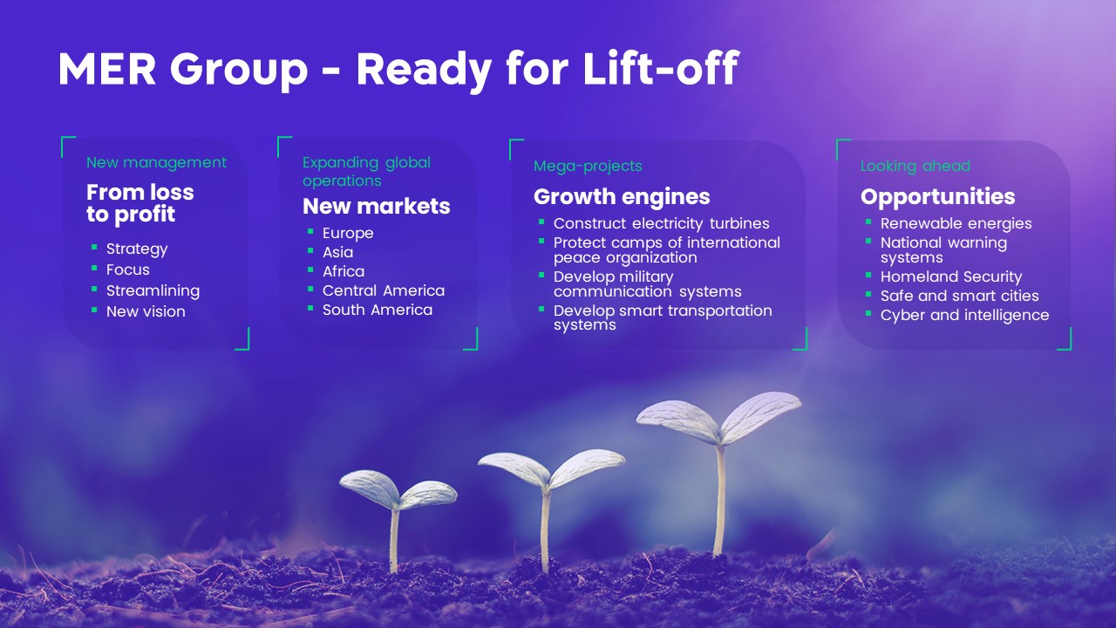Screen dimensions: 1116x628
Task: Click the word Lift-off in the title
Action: [661, 69]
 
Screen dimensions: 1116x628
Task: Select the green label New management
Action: [156, 162]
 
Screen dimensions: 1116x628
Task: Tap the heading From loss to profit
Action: [140, 203]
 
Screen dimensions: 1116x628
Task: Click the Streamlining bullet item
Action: [153, 290]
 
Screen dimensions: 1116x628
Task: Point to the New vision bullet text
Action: [146, 311]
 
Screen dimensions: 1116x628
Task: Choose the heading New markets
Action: [376, 206]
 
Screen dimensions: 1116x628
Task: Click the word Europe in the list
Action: [348, 233]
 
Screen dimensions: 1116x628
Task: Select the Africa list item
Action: [344, 271]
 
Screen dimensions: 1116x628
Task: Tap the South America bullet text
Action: [378, 310]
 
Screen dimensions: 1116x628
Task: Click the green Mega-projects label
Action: [588, 166]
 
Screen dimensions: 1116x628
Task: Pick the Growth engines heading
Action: [622, 196]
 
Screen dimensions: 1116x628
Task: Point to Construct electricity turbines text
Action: [661, 223]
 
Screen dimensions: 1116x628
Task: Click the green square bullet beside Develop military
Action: [541, 274]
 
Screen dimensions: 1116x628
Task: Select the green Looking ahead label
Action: [915, 166]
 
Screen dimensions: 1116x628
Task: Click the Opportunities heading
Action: [937, 196]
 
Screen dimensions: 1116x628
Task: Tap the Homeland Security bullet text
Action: [951, 276]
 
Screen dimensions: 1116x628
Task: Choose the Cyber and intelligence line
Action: [964, 315]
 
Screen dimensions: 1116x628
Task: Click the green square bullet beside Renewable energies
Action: [868, 222]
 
